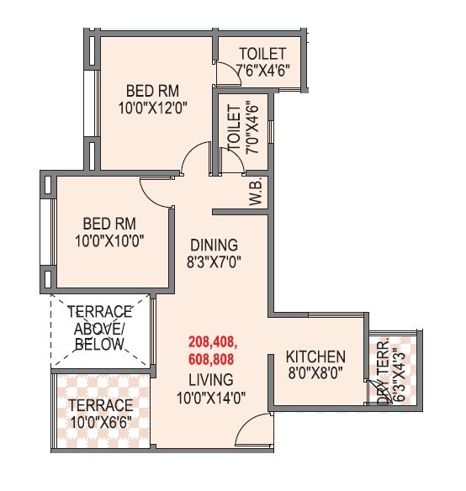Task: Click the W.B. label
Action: [256, 193]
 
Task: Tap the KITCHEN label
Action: [315, 356]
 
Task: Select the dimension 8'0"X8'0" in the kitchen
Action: [315, 372]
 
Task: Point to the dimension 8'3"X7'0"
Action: [214, 261]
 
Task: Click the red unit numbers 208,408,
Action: [212, 342]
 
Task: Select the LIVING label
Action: [211, 379]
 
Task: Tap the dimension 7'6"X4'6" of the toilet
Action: [262, 69]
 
